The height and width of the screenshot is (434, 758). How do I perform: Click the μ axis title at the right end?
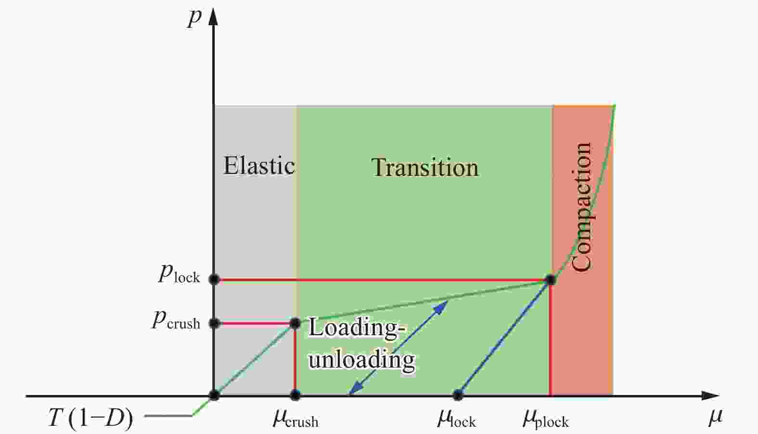715,417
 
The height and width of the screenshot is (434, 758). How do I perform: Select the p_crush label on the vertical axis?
176,320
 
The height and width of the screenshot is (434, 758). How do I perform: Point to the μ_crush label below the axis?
296,419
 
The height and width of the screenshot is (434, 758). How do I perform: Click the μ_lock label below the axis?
457,418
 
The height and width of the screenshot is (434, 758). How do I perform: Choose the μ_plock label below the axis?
546,419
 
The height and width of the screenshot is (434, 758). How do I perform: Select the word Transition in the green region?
425,167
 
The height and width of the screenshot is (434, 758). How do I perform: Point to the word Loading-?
354,328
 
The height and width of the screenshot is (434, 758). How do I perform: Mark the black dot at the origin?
214,395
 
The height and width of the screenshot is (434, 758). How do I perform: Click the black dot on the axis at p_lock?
214,279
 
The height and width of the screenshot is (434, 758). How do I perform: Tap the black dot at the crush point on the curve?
295,324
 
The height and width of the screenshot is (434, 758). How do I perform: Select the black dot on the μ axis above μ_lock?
458,395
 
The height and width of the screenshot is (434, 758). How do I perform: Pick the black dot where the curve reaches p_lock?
551,280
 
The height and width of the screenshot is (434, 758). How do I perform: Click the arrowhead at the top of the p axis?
213,16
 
